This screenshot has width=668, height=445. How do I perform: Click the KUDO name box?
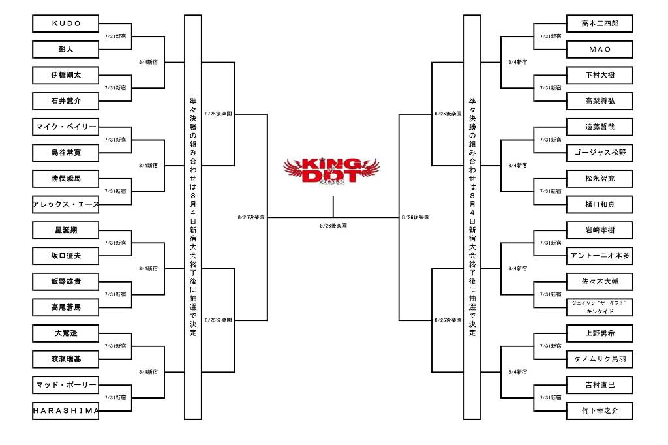pos(65,23)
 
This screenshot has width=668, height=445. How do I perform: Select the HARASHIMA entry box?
pos(65,411)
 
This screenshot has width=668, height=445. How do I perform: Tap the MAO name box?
pos(599,50)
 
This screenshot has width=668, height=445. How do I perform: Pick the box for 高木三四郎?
pos(599,23)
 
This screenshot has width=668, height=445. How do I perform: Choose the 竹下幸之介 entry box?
pos(599,411)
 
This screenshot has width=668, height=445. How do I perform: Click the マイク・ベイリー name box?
pos(65,127)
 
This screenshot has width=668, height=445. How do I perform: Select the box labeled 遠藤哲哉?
pos(599,127)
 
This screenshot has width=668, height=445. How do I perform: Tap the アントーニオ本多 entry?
pos(599,256)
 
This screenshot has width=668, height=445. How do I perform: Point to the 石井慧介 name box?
pos(65,101)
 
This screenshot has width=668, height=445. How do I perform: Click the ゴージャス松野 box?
pos(599,153)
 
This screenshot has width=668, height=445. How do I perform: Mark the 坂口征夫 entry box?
pos(65,256)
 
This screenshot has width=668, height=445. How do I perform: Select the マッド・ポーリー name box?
pos(65,385)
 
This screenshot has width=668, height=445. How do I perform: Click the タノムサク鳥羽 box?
pos(599,360)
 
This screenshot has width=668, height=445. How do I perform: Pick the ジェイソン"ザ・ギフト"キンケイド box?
pos(599,307)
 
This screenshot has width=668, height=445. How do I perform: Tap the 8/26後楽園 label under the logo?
pos(333,226)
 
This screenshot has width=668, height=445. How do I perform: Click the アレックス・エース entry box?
pos(65,204)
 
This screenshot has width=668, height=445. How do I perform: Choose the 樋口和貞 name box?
pos(599,204)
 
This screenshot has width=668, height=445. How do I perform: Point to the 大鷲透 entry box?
pos(65,333)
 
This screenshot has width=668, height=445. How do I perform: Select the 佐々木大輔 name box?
pos(599,282)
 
